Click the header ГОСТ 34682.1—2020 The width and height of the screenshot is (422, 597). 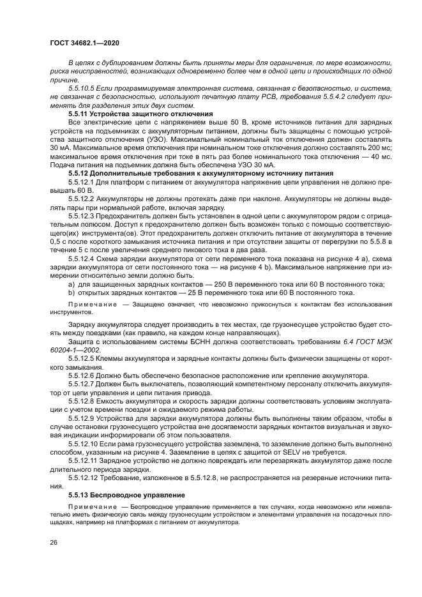click(x=85, y=43)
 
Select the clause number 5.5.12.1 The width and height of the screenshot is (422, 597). click(x=84, y=182)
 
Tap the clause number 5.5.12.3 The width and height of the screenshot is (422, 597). click(x=84, y=216)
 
